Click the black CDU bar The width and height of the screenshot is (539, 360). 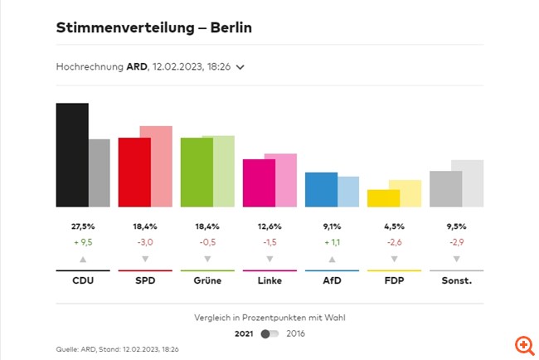72,155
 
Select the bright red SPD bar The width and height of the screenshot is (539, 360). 134,173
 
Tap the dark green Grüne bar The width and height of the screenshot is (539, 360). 197,173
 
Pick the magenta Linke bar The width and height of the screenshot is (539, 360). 259,183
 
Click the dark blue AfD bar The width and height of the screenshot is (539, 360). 321,190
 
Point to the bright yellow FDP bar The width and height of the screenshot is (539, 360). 383,198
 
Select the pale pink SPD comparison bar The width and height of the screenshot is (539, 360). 156,167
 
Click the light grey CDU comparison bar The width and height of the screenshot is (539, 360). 100,173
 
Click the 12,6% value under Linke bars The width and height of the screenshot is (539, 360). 269,226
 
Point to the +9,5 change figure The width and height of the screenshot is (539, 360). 83,242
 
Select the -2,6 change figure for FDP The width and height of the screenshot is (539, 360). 394,242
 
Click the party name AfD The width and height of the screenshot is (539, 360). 332,281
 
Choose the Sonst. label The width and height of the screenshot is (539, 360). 456,281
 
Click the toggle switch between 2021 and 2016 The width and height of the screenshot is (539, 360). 269,333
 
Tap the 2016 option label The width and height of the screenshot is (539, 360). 296,333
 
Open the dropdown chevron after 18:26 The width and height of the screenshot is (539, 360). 240,67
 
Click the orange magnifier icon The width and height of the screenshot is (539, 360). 523,344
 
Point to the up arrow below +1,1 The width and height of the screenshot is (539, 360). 332,259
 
